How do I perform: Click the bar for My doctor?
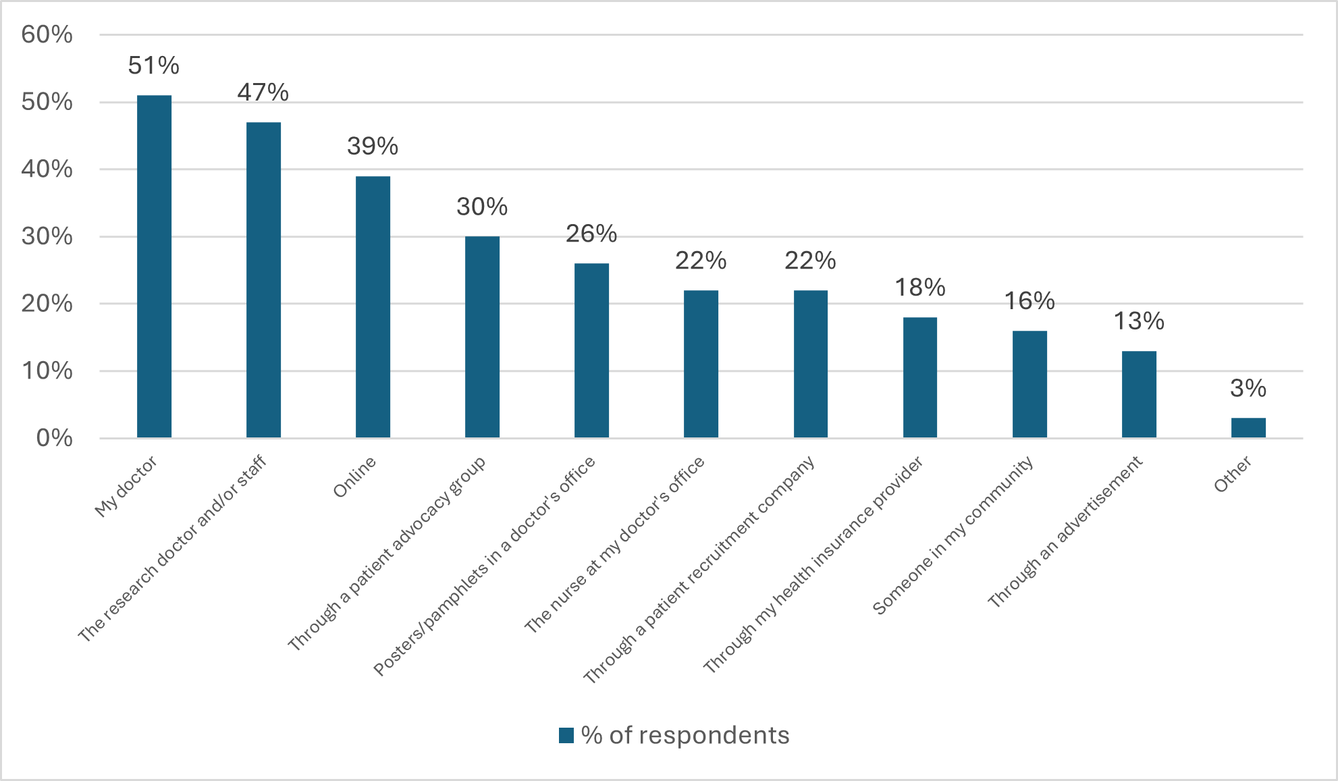tap(154, 267)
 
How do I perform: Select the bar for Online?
tap(373, 307)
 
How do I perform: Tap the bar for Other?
tap(1248, 428)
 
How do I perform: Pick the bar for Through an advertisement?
tap(1139, 394)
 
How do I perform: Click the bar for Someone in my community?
tap(1029, 384)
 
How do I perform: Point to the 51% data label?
tap(154, 65)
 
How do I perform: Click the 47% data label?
tap(263, 92)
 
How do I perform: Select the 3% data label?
tap(1248, 388)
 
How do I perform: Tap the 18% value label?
tap(920, 288)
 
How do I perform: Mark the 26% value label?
tap(591, 234)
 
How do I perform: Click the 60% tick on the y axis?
tap(47, 34)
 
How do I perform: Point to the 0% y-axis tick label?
tap(54, 438)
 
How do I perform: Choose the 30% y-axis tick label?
tap(47, 236)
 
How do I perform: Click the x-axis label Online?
tap(354, 477)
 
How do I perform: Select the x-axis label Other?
tap(1233, 475)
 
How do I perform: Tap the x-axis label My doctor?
tap(126, 486)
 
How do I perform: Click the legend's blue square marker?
tap(566, 735)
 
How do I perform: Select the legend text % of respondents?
tap(685, 735)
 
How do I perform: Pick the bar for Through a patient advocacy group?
tap(482, 337)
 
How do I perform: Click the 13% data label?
tap(1139, 321)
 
